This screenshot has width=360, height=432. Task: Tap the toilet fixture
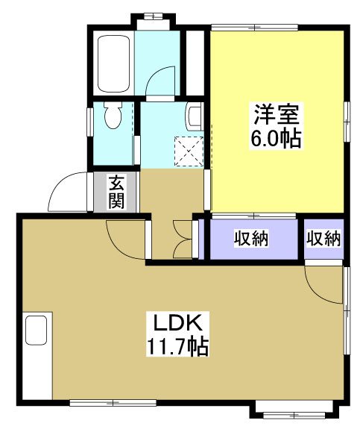(113, 116)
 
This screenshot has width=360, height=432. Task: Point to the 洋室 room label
(278, 116)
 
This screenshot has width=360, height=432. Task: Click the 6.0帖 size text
(278, 139)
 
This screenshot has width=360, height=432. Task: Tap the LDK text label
(177, 324)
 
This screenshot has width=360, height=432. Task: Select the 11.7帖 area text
(177, 346)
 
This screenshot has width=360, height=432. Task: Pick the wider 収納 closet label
(253, 239)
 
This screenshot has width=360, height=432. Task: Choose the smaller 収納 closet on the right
(323, 239)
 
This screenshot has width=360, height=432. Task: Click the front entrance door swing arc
(66, 192)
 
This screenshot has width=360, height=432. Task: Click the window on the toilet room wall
(89, 119)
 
